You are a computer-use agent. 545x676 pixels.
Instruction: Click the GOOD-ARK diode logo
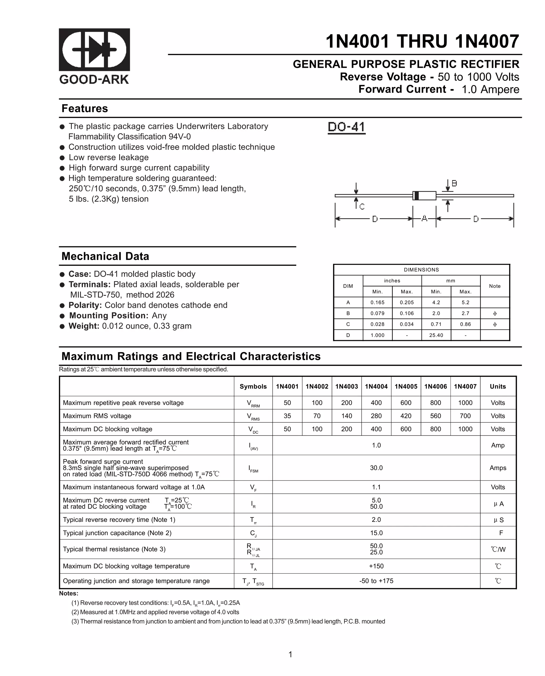(94, 49)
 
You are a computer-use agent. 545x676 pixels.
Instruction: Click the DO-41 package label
(346, 127)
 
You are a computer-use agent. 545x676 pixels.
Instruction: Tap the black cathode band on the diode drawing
(416, 195)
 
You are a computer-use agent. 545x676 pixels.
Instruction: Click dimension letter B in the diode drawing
(454, 183)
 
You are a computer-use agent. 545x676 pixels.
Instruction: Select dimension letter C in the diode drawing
(362, 207)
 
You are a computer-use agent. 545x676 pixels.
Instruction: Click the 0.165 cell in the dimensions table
(377, 302)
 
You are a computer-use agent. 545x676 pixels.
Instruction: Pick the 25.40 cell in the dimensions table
(436, 335)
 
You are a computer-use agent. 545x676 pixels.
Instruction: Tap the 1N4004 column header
(376, 386)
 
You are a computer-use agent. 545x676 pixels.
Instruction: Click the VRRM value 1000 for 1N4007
(465, 403)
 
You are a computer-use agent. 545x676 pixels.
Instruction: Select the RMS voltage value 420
(406, 416)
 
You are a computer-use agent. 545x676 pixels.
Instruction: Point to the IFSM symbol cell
(253, 469)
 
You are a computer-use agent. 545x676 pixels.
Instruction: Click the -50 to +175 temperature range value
(376, 581)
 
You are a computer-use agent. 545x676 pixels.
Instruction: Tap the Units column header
(498, 386)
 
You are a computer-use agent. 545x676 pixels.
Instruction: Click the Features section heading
(85, 108)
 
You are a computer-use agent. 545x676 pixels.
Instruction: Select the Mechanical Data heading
(105, 256)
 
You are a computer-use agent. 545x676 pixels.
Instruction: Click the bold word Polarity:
(85, 305)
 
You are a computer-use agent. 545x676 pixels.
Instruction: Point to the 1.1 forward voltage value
(376, 487)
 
